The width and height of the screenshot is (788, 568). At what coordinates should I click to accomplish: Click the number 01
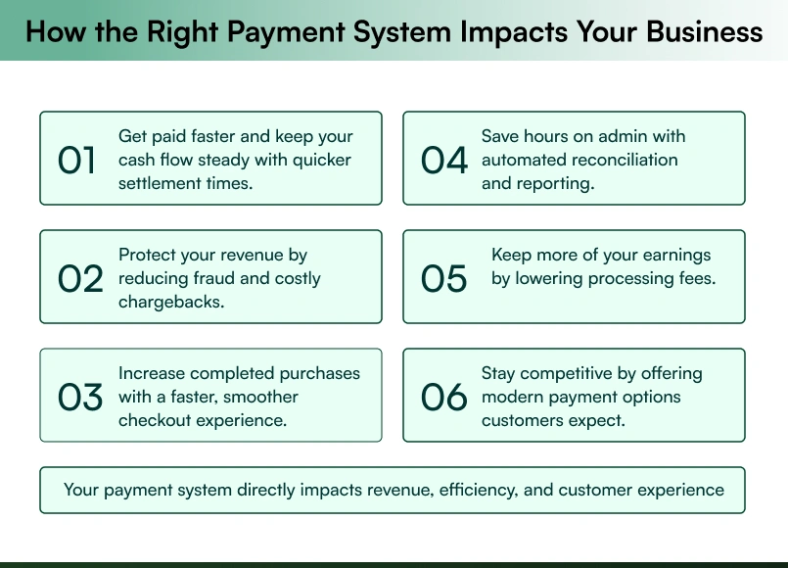(x=77, y=160)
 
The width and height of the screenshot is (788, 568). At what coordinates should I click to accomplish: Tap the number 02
(x=80, y=279)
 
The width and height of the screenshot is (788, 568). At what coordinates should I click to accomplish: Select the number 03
(x=80, y=398)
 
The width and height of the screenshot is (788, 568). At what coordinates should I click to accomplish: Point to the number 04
(x=444, y=160)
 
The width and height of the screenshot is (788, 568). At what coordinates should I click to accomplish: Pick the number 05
(x=444, y=279)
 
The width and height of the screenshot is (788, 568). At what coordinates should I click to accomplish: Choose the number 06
(x=444, y=398)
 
